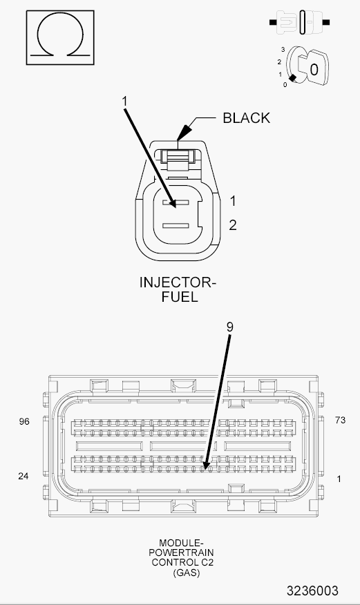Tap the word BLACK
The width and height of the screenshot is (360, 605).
(247, 118)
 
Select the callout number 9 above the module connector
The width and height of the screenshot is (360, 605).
(230, 327)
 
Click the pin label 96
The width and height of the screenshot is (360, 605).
(24, 421)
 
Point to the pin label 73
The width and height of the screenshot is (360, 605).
(341, 420)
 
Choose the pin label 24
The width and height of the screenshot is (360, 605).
(23, 476)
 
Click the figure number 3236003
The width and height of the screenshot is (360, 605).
(312, 590)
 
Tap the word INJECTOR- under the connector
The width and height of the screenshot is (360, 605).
(178, 282)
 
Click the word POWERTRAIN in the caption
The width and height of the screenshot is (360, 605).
(181, 553)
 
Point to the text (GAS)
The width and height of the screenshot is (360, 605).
(187, 573)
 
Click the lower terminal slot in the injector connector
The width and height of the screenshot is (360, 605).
(176, 226)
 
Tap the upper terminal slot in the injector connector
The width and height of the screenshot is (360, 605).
(176, 202)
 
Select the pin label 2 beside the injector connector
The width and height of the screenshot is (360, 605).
(233, 225)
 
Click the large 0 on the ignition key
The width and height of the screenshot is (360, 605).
(314, 70)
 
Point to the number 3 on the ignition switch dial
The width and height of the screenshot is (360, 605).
(283, 50)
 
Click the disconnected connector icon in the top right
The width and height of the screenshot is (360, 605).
(299, 22)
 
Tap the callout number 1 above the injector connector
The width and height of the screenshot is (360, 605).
(124, 102)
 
